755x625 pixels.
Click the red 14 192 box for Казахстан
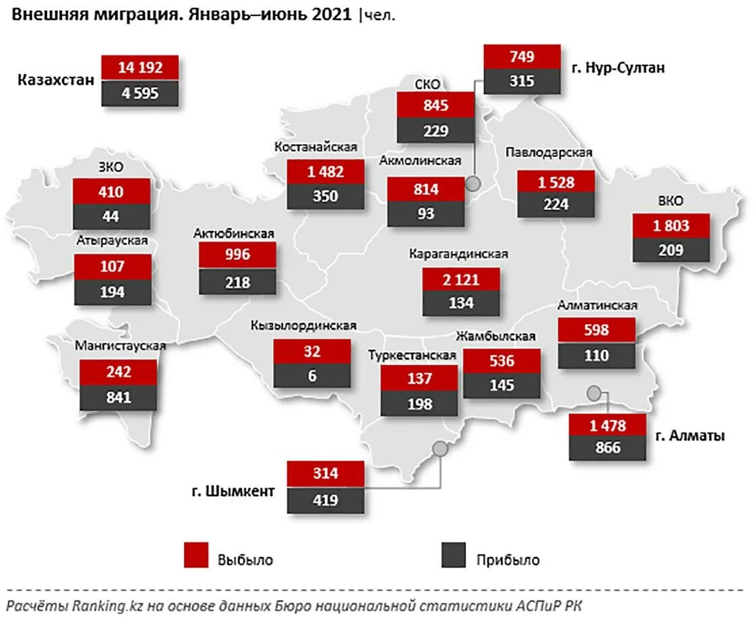[x=140, y=67]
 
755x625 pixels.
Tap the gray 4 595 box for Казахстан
[x=140, y=93]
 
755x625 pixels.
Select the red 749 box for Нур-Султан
[x=522, y=57]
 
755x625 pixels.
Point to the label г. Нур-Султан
[x=618, y=68]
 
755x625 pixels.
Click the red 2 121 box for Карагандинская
[x=461, y=279]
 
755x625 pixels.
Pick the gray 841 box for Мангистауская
[x=119, y=397]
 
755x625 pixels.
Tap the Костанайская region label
[x=315, y=147]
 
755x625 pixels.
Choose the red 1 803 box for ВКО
[x=671, y=226]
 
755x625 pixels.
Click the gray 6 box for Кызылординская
[x=312, y=375]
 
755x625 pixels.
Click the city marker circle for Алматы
[x=594, y=393]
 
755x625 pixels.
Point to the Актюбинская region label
[x=233, y=234]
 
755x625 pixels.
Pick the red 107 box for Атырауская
[x=111, y=267]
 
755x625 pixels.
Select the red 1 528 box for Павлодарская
[x=556, y=182]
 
